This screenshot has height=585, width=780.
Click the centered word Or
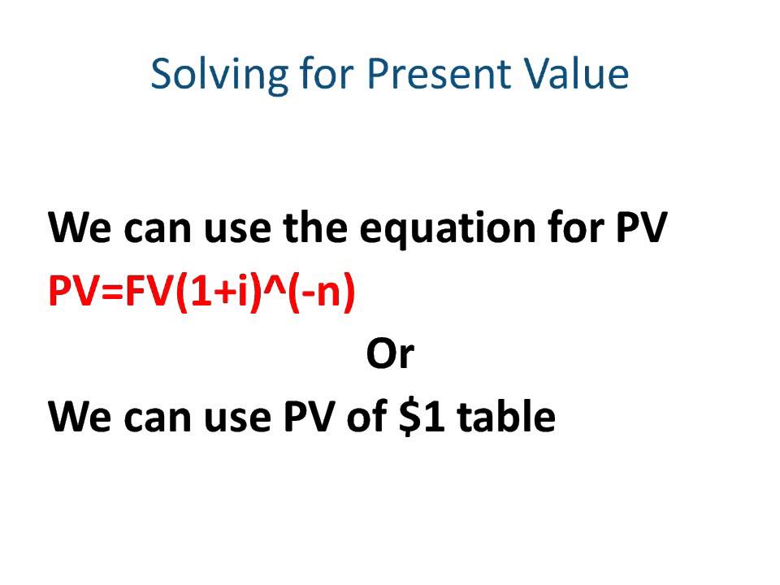pyautogui.click(x=390, y=355)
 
